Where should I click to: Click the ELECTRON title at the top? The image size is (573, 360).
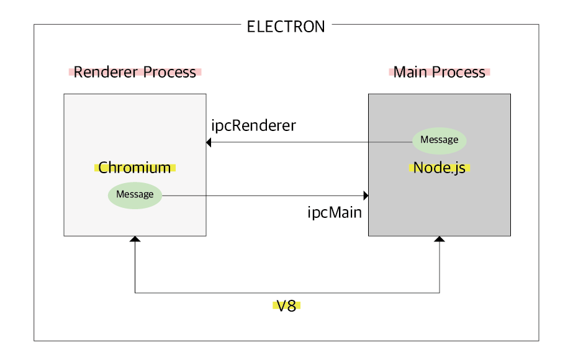coord(286,27)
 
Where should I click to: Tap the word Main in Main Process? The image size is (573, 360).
coord(407,72)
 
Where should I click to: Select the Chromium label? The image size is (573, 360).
coord(135,168)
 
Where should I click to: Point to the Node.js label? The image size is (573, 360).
coord(440,168)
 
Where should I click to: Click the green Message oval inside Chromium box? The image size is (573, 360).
coord(135,195)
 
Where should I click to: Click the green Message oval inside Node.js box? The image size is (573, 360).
coord(440,140)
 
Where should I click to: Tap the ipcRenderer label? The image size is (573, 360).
coord(253,125)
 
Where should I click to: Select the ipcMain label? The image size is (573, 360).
coord(335,213)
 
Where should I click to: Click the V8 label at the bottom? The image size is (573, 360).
coord(286,306)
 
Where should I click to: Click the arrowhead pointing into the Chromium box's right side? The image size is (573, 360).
coord(210,143)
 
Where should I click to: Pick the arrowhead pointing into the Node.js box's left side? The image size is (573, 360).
coord(366,196)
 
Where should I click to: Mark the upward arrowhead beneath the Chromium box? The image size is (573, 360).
coord(135,240)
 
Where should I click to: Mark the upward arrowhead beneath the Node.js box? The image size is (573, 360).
coord(440,240)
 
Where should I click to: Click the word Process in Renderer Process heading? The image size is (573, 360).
coord(169,72)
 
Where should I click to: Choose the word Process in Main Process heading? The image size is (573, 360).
coord(460,72)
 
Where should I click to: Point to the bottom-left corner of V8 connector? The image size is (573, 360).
coord(135,292)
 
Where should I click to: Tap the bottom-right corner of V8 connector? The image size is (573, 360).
coord(440,292)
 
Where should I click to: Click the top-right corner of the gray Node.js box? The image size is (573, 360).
coord(510,94)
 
